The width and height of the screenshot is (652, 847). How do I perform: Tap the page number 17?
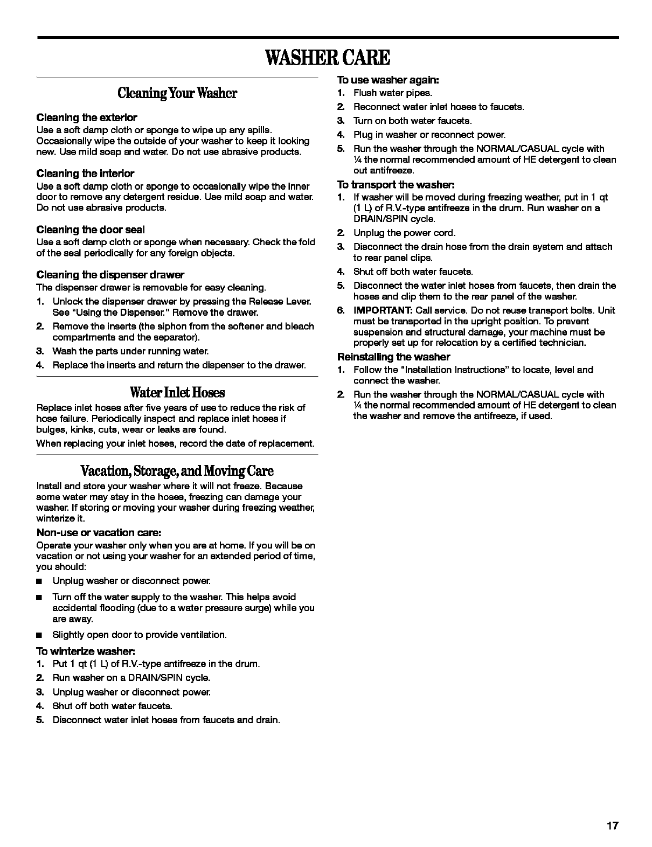pos(612,826)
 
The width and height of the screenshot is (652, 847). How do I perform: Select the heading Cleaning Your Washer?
pos(177,93)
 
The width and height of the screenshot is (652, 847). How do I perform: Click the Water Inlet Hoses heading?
pos(177,392)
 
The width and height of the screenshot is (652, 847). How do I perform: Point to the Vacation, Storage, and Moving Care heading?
pos(177,471)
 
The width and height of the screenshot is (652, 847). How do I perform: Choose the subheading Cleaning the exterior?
pos(87,117)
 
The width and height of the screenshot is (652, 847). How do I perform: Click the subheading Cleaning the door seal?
pos(91,230)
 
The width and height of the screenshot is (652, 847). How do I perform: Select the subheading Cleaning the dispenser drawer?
pos(110,275)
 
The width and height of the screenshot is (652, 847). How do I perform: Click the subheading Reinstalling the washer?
pos(393,357)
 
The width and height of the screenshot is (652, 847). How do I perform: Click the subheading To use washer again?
pos(388,80)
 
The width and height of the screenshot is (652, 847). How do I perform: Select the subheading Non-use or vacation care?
pos(99,532)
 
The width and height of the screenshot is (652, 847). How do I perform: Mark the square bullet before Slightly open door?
pos(39,635)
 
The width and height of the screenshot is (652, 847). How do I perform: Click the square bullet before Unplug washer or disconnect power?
pos(39,581)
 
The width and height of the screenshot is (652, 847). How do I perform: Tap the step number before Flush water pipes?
pos(341,93)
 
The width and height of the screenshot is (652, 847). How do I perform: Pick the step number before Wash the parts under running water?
pos(39,351)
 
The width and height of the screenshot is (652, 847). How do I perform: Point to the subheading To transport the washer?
pos(396,184)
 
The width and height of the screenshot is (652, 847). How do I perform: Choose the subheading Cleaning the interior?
pos(85,173)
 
